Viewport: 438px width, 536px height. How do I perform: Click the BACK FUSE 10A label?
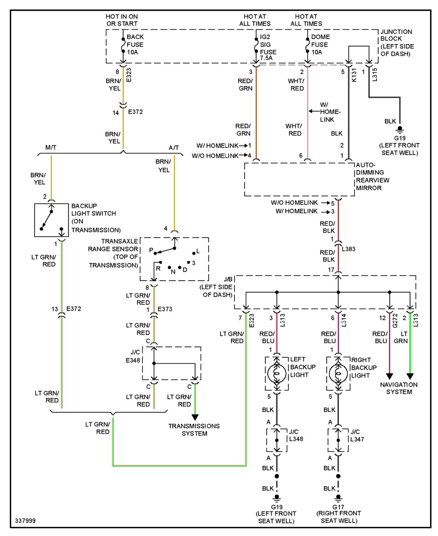[x=135, y=45]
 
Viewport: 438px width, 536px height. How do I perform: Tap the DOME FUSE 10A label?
[x=320, y=45]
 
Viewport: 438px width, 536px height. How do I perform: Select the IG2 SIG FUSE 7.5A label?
[x=268, y=48]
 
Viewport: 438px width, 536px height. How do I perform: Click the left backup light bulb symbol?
[x=276, y=373]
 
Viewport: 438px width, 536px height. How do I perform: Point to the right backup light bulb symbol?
[x=338, y=373]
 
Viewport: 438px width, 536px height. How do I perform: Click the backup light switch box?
[x=51, y=220]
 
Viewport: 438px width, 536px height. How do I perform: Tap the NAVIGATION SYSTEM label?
[x=399, y=388]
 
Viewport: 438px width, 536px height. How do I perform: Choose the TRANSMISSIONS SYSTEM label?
[x=194, y=430]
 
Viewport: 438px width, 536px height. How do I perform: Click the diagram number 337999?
[x=25, y=521]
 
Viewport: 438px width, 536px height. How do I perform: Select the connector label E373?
[x=165, y=309]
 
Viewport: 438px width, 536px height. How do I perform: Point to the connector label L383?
[x=349, y=249]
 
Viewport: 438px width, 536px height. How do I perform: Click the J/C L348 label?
[x=296, y=435]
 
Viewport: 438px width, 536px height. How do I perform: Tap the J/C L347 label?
[x=357, y=435]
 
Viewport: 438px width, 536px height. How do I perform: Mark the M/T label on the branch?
[x=51, y=147]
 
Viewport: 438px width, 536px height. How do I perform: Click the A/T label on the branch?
[x=174, y=147]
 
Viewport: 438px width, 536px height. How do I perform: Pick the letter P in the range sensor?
[x=151, y=250]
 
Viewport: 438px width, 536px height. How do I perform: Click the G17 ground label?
[x=338, y=507]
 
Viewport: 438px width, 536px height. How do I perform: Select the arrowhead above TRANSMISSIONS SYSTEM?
[x=195, y=417]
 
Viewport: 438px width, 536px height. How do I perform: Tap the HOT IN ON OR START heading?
[x=122, y=20]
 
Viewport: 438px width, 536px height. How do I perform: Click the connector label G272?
[x=395, y=321]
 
